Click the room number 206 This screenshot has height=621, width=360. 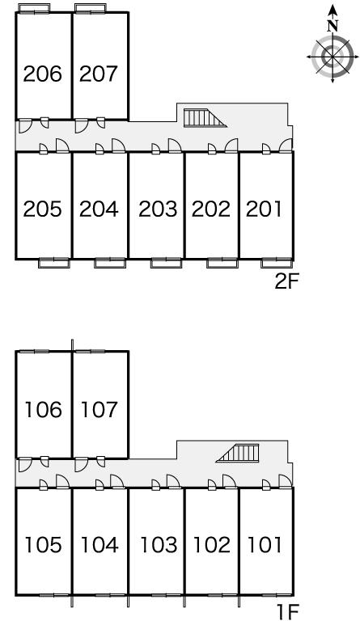point(43,74)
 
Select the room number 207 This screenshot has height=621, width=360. point(99,74)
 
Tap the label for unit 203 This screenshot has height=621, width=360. point(158,209)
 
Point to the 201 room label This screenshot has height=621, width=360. point(264,209)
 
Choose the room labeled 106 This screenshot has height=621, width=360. point(43,409)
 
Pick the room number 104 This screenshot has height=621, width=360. point(100,545)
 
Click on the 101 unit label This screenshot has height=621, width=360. point(265,545)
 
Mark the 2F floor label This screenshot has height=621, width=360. point(286,281)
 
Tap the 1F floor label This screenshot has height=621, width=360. point(288,611)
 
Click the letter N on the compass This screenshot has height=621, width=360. point(332,26)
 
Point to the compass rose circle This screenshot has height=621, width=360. point(332,57)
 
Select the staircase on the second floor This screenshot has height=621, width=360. point(205,118)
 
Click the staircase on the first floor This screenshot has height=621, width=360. point(238,453)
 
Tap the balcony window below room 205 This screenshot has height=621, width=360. point(54,263)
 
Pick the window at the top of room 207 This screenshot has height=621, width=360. point(91,8)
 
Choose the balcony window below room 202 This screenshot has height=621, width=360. point(222,263)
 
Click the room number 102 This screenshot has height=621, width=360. point(211,545)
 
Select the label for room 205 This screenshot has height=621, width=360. point(43,209)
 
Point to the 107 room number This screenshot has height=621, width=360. point(100,409)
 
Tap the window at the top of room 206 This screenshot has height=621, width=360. point(34,8)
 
